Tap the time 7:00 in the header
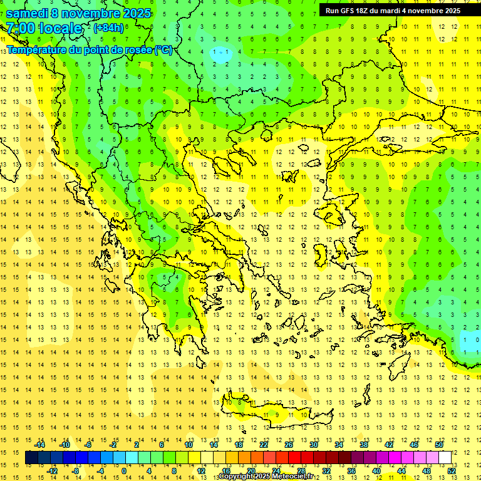(21, 28)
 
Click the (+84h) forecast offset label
(108, 28)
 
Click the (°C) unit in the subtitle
(163, 49)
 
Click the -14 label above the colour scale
(39, 445)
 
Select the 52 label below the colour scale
(451, 470)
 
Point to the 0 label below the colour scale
(124, 470)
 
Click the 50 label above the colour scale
(439, 445)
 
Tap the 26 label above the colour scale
(289, 445)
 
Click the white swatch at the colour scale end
(445, 458)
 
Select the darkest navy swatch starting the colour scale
(31, 458)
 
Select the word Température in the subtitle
(38, 49)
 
